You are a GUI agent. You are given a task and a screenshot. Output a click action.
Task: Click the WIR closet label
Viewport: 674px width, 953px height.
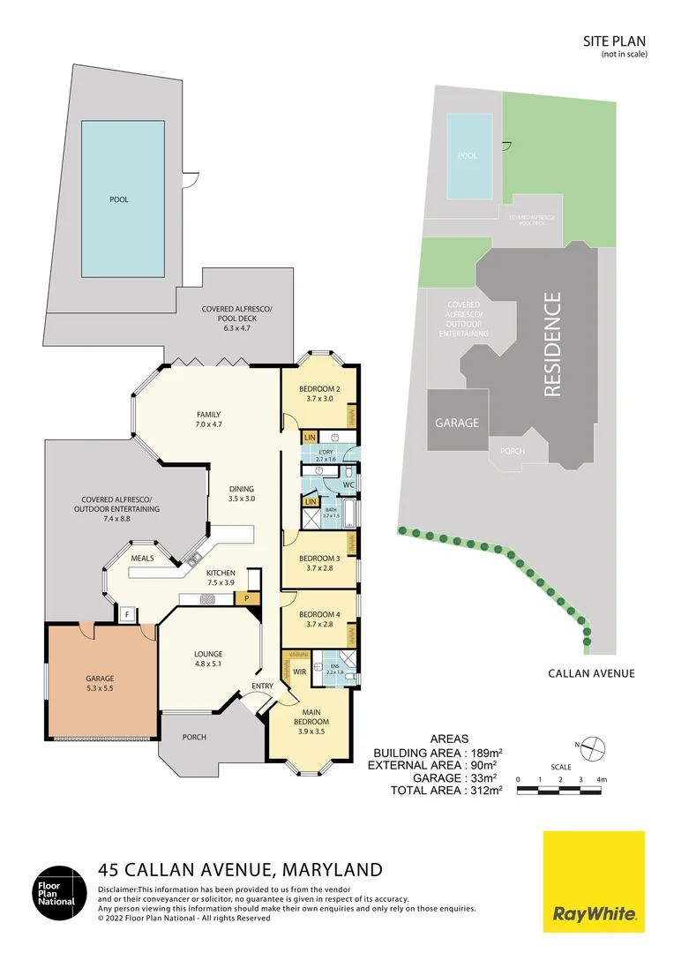(x=299, y=672)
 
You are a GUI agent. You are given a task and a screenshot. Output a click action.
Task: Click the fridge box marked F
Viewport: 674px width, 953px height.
(x=128, y=614)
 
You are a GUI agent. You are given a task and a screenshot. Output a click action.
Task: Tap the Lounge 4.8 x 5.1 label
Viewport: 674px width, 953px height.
(x=208, y=654)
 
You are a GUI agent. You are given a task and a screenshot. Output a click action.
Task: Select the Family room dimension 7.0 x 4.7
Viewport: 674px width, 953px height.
(x=208, y=424)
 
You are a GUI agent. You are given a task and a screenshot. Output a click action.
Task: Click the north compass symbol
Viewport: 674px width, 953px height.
(x=595, y=747)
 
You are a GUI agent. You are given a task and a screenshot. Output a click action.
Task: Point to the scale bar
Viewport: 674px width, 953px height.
(x=559, y=789)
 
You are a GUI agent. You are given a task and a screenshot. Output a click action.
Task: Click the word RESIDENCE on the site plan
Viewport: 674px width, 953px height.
(x=552, y=344)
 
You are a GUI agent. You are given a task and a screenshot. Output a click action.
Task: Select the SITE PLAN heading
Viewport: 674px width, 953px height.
(x=615, y=41)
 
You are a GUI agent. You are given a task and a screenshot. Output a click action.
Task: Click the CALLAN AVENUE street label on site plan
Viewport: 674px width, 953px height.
(x=591, y=673)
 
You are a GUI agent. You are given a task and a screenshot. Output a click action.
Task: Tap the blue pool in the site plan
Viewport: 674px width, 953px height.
(x=468, y=156)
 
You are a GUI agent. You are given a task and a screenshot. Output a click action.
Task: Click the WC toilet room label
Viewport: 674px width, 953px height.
(x=348, y=485)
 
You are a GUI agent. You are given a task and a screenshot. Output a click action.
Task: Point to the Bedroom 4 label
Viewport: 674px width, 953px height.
(x=319, y=614)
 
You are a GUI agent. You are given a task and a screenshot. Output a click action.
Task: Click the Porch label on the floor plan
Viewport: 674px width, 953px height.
(x=194, y=737)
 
